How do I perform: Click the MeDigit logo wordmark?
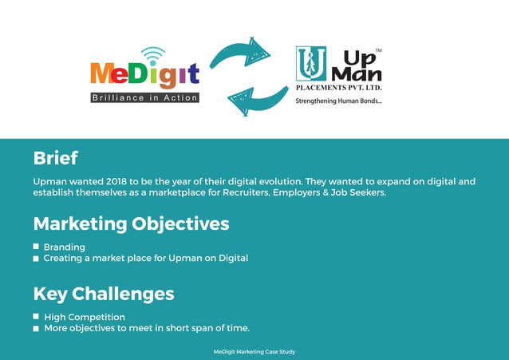pos(144,74)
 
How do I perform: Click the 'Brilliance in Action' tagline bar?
pos(144,97)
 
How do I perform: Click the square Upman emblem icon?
pos(310,63)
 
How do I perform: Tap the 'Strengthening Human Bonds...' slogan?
pos(339,101)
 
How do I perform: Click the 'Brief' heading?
pos(55,157)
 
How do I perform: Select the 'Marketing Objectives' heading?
pos(131,224)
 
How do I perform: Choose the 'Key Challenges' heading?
pos(104,294)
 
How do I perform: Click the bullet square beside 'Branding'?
pos(37,247)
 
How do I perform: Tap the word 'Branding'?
pos(65,247)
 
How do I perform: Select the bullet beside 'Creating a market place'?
pos(37,259)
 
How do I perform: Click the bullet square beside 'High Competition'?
pos(37,317)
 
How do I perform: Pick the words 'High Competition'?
pos(85,317)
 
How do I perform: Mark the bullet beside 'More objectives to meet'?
pos(37,328)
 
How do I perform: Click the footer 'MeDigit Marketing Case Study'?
pos(254,351)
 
